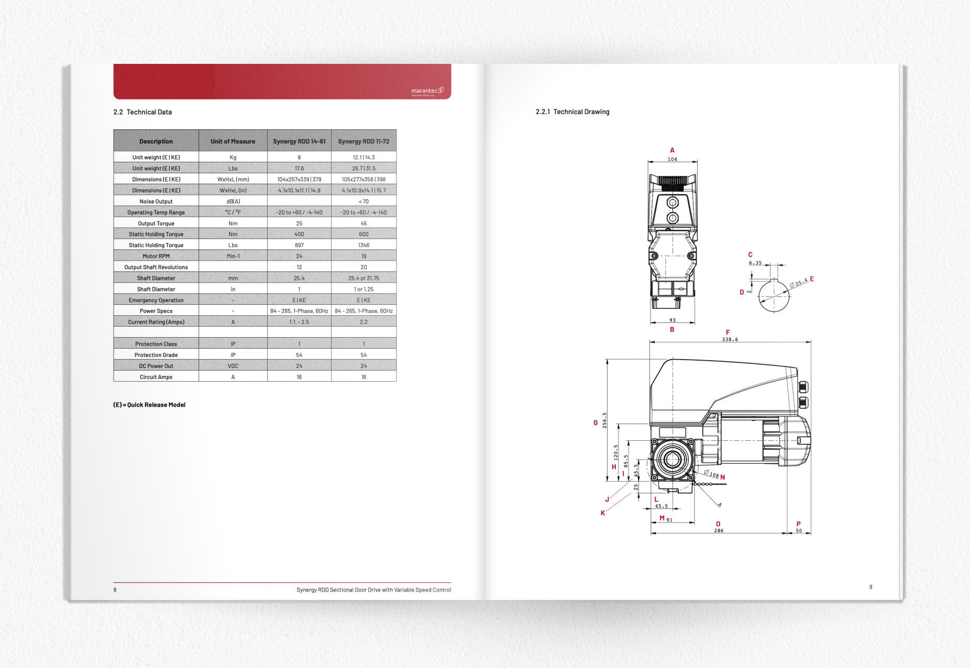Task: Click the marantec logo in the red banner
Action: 427,91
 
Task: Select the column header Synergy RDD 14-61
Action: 299,141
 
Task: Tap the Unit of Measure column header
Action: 233,141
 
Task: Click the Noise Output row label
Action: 156,202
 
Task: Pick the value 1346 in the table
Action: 363,245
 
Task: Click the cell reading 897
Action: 299,245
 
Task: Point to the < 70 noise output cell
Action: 363,202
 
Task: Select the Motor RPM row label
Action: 156,256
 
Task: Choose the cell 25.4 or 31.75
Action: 363,278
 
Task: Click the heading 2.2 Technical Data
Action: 142,112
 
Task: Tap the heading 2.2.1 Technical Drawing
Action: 572,112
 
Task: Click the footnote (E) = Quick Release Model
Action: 149,405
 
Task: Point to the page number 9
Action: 870,587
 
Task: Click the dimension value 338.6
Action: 730,339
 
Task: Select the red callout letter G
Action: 596,423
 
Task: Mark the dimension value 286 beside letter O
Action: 719,530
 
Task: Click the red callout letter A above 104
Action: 672,150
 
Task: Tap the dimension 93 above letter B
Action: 672,320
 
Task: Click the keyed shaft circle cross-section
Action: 774,296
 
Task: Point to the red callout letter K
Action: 602,513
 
